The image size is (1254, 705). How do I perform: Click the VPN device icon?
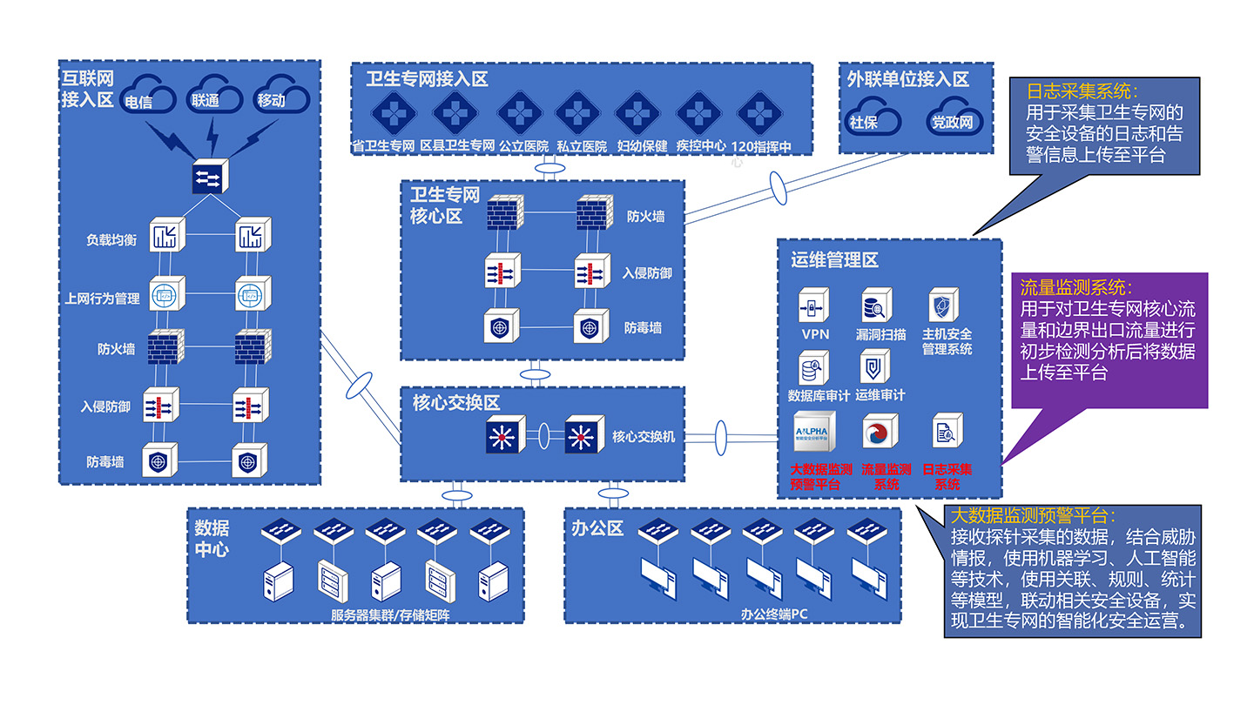[x=814, y=306]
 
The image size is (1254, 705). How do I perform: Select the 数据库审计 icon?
[x=814, y=368]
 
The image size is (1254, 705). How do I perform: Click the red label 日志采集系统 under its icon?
[x=947, y=476]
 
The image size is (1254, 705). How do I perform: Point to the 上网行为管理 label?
[x=102, y=299]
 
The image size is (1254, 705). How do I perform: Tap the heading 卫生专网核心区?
[x=445, y=205]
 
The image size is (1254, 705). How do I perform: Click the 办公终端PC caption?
[x=774, y=614]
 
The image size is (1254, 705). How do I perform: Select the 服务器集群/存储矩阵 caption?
[x=391, y=614]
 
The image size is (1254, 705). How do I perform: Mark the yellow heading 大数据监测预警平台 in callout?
[x=1033, y=515]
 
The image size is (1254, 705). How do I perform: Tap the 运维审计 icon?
[x=874, y=368]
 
